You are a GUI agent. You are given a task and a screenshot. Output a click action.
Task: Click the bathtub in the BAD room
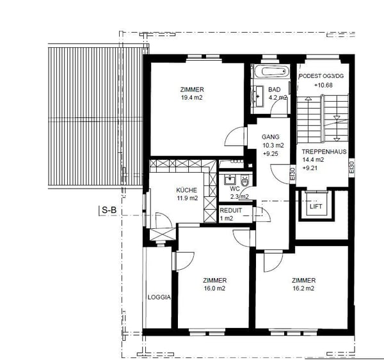[x=271, y=72]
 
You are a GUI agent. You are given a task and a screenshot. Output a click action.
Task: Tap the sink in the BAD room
[x=259, y=96]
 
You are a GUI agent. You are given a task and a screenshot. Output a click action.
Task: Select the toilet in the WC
[x=244, y=180]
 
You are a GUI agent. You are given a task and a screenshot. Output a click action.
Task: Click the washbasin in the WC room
[x=230, y=180]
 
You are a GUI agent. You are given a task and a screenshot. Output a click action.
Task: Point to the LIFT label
[x=316, y=207]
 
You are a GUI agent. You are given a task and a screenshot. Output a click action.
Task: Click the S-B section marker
[x=109, y=210]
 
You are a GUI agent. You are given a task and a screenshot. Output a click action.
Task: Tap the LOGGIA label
[x=159, y=297]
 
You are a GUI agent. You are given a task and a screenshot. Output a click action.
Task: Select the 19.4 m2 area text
[x=192, y=98]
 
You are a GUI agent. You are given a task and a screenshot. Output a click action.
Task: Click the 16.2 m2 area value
[x=303, y=288]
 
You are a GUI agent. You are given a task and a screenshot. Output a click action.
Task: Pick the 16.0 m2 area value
[x=214, y=288]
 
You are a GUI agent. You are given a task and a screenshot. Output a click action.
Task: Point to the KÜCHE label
[x=186, y=190]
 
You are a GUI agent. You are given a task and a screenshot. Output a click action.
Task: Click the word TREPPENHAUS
[x=324, y=152]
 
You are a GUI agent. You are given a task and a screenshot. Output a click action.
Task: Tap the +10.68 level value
[x=323, y=85]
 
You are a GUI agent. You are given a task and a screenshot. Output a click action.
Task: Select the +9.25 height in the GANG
[x=271, y=154]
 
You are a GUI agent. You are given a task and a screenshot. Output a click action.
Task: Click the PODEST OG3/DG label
[x=321, y=76]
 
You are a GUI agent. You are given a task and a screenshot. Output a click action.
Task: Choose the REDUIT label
[x=230, y=210]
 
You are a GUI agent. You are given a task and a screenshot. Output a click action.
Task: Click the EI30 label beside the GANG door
[x=292, y=174]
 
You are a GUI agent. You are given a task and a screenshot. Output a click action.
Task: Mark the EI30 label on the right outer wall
[x=351, y=168]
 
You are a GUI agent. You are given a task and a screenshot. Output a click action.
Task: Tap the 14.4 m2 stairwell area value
[x=313, y=160]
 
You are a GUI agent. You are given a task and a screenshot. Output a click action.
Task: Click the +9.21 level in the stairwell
[x=310, y=168]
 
